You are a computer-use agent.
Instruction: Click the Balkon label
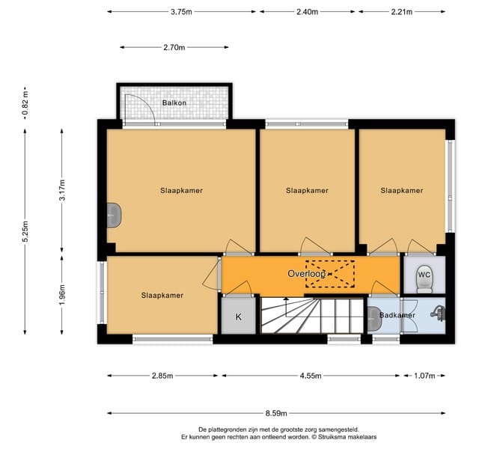tap(174, 103)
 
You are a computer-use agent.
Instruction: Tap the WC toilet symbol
tap(424, 279)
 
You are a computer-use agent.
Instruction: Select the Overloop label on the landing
tap(306, 274)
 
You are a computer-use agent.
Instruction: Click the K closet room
tap(239, 316)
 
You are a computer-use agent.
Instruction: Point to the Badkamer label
tap(397, 315)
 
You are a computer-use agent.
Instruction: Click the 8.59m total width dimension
tap(276, 413)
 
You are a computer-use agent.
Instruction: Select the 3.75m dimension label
tap(181, 12)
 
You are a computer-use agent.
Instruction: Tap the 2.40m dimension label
tap(308, 12)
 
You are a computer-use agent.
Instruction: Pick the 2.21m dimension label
tap(402, 12)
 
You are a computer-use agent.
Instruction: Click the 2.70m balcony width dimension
tap(174, 47)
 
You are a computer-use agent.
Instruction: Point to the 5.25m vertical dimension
tap(25, 231)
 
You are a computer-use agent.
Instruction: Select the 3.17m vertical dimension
tap(62, 189)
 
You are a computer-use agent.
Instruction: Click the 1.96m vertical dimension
tap(62, 294)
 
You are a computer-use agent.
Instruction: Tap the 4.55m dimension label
tap(311, 376)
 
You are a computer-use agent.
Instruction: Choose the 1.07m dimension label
tap(424, 376)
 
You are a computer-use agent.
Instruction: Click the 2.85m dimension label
tap(162, 376)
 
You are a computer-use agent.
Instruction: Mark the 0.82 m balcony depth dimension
tap(25, 103)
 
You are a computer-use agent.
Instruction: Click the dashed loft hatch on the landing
tap(330, 274)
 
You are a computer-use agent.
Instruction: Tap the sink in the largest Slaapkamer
tap(114, 216)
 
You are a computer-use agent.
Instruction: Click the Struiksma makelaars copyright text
tap(347, 437)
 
